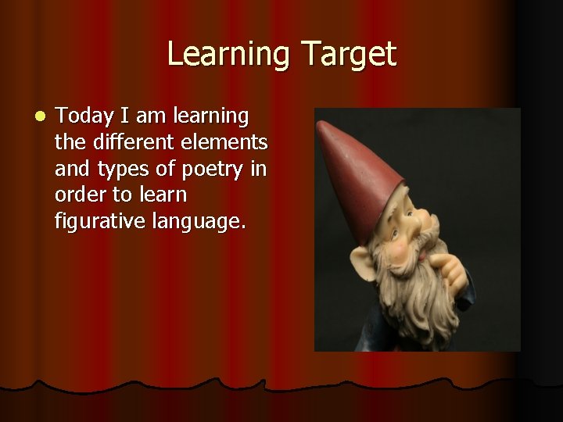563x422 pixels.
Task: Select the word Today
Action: coord(84,117)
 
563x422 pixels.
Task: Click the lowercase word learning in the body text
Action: coord(212,117)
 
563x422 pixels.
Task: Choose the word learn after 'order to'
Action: coord(162,195)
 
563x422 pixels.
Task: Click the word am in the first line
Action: coord(156,117)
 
